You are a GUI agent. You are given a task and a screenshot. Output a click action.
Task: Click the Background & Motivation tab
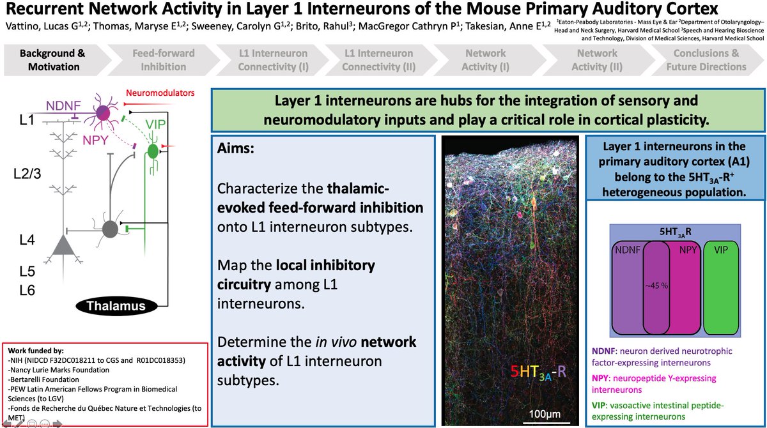(x=50, y=60)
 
